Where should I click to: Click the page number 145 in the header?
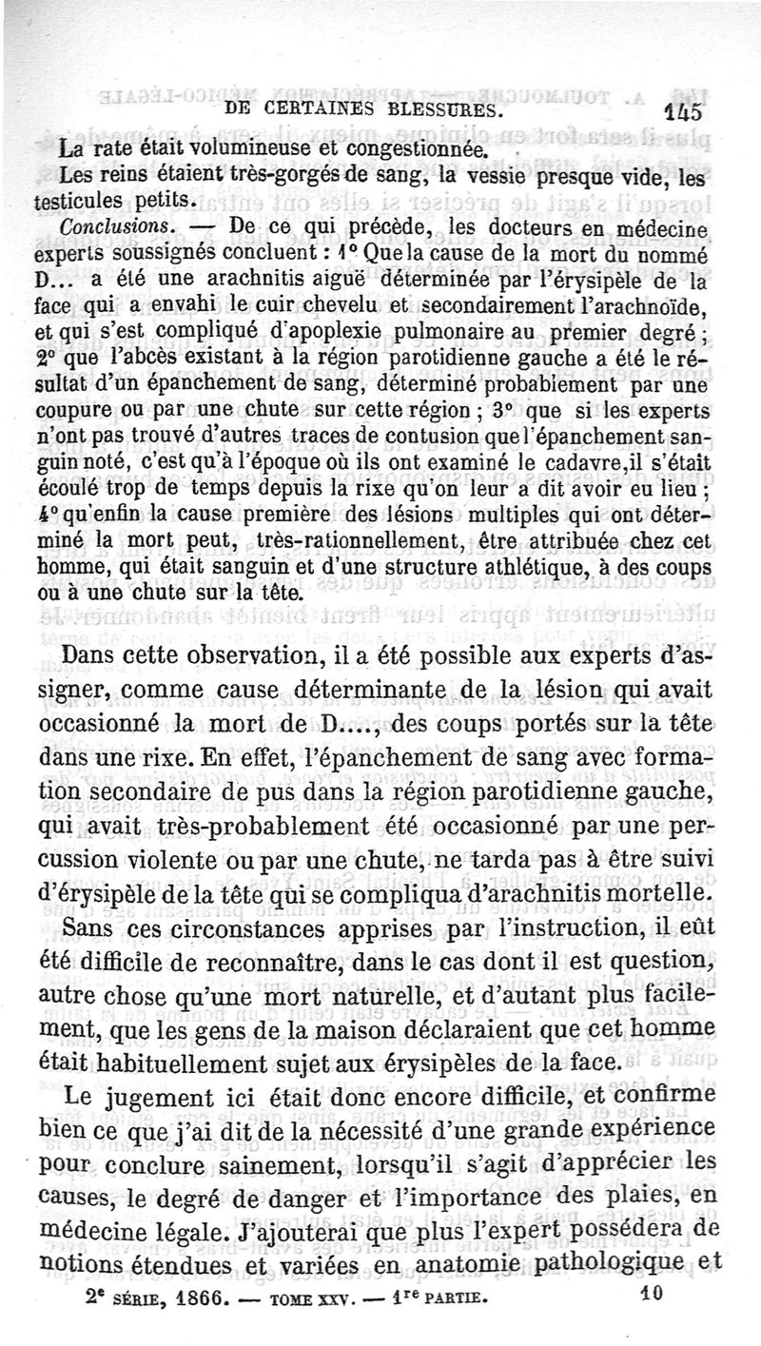pos(684,111)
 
